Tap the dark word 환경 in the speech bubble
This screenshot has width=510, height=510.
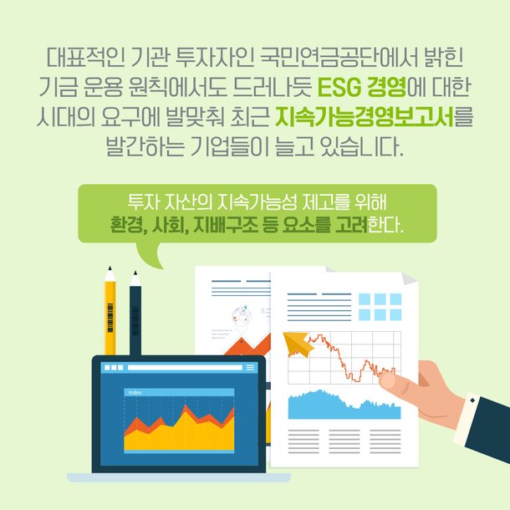[x=126, y=225]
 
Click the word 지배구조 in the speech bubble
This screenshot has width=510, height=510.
[x=226, y=225]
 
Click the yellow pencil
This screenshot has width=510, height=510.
[x=110, y=314]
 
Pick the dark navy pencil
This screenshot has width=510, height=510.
[x=135, y=314]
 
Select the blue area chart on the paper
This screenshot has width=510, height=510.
[x=343, y=405]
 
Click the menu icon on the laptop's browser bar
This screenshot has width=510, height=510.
[x=250, y=368]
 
